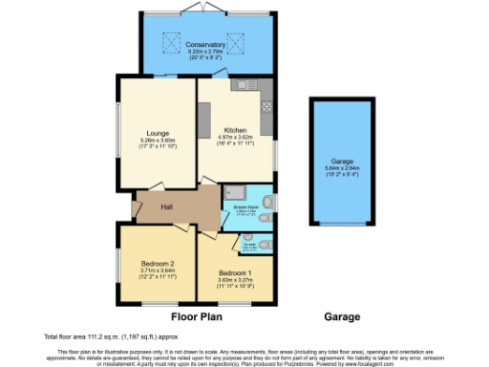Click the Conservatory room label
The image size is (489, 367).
206,45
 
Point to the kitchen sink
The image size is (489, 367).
243,85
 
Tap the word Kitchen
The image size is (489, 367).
235,131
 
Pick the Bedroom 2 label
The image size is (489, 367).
158,263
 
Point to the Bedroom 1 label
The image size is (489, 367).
233,270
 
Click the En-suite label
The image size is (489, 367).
249,244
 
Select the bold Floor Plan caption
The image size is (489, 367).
198,316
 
